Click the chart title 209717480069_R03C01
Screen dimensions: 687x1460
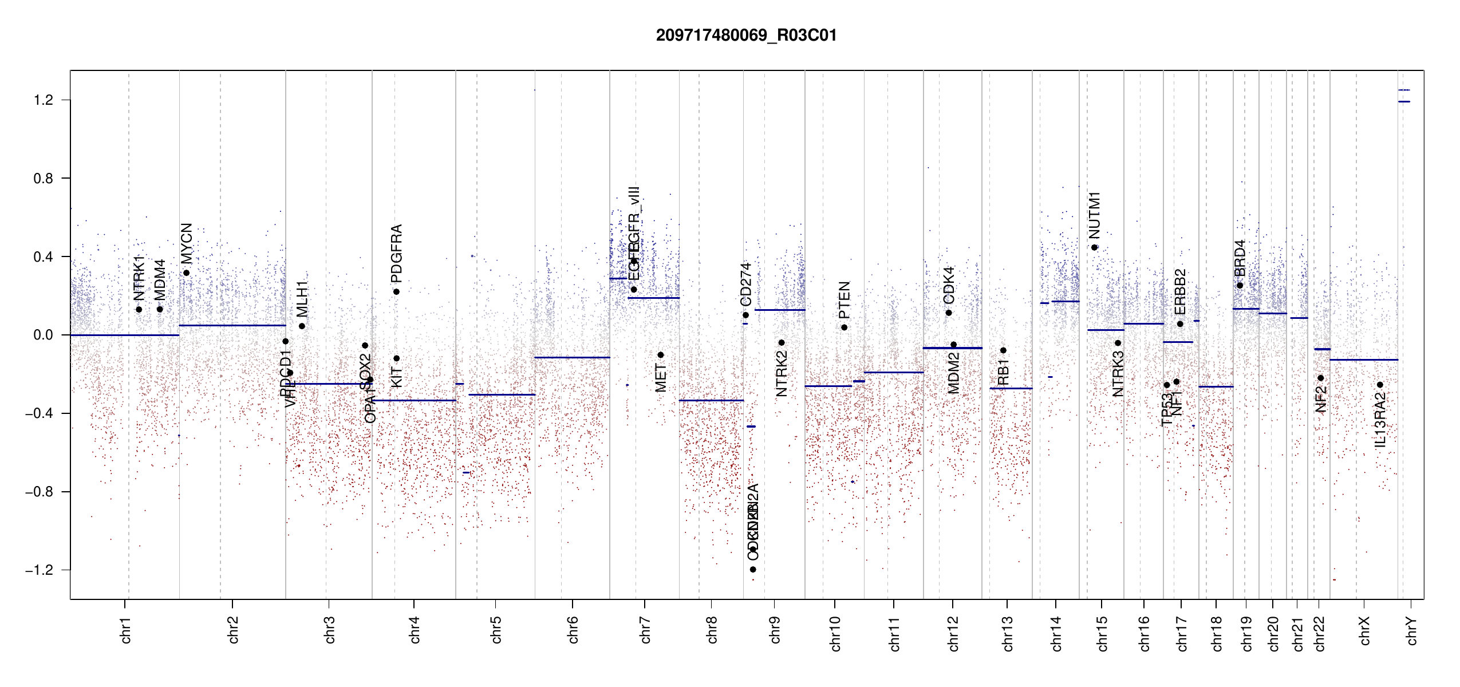(x=746, y=35)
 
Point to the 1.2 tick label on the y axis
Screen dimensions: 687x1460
(x=43, y=100)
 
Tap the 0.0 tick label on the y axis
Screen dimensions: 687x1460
(x=43, y=335)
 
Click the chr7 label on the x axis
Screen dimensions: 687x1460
(x=645, y=630)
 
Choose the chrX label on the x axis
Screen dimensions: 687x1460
(x=1364, y=630)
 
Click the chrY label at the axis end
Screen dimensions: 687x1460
(x=1412, y=630)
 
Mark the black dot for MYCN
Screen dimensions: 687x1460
(x=186, y=273)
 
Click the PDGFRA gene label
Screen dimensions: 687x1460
(x=396, y=254)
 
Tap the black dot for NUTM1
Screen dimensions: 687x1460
(x=1094, y=247)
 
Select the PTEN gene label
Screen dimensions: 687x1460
(x=845, y=300)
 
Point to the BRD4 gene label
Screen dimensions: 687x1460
(x=1240, y=258)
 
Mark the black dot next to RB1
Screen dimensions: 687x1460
(x=1003, y=350)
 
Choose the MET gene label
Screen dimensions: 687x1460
(x=661, y=378)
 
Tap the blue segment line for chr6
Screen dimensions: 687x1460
(x=572, y=357)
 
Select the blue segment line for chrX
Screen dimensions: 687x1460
(x=1363, y=360)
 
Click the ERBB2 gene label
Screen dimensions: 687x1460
(x=1180, y=291)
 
